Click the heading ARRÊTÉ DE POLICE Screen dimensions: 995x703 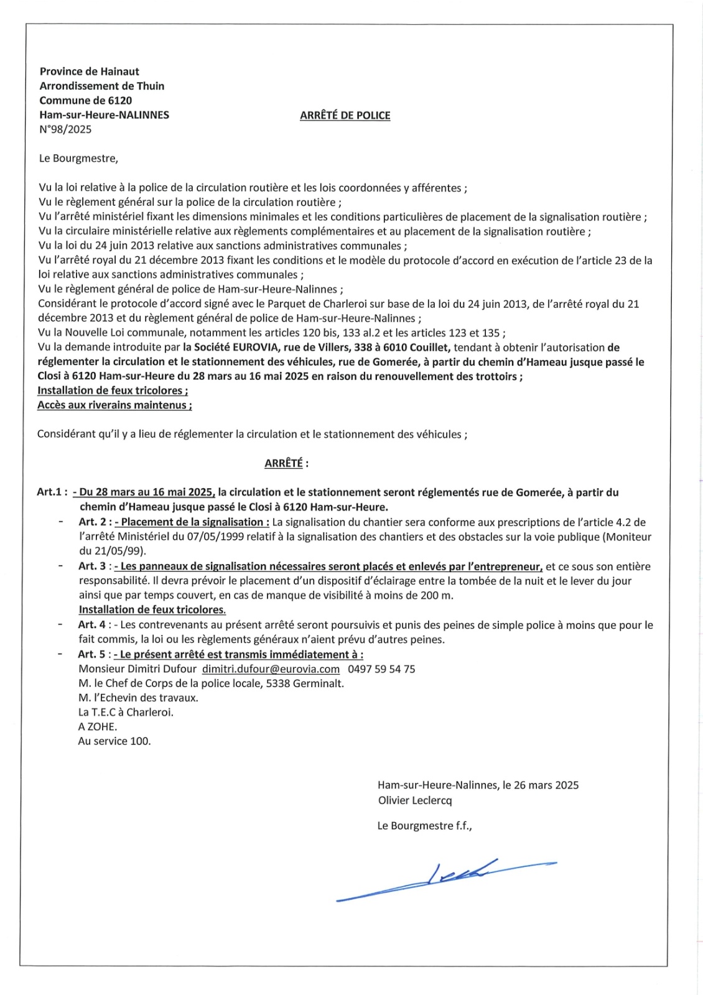pyautogui.click(x=345, y=115)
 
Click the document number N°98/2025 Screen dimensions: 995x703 pyautogui.click(x=65, y=129)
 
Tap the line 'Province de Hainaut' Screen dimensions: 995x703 pyautogui.click(x=89, y=72)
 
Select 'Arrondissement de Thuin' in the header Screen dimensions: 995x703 pyautogui.click(x=101, y=86)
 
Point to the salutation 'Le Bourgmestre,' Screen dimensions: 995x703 pyautogui.click(x=78, y=158)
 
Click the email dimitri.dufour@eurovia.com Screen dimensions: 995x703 pyautogui.click(x=271, y=669)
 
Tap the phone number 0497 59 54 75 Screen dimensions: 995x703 pyautogui.click(x=381, y=669)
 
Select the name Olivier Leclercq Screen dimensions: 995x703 pyautogui.click(x=415, y=800)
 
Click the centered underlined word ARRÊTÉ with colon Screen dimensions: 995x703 pyautogui.click(x=286, y=463)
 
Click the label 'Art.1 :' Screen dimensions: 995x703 pyautogui.click(x=52, y=493)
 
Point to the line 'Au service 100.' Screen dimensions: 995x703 pyautogui.click(x=114, y=741)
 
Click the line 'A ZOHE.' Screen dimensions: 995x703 pyautogui.click(x=98, y=726)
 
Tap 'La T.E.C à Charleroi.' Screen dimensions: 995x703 pyautogui.click(x=126, y=712)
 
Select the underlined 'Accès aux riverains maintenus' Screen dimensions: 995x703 pyautogui.click(x=114, y=405)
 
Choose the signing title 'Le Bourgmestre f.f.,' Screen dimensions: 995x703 pyautogui.click(x=424, y=826)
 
